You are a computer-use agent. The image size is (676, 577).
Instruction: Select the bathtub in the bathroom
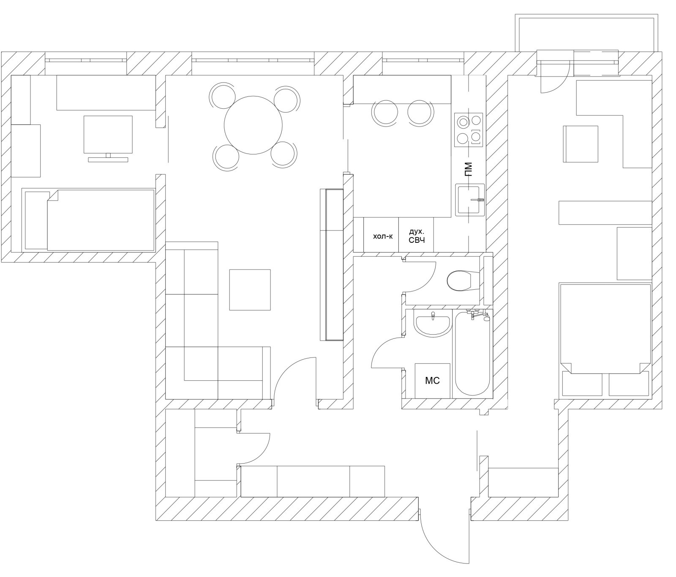(472, 354)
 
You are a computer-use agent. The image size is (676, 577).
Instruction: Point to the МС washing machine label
(432, 381)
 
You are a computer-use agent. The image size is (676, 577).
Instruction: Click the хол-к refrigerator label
(383, 236)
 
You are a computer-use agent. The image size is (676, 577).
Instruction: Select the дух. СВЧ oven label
(416, 236)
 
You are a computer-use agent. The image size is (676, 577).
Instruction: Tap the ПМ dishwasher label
(468, 169)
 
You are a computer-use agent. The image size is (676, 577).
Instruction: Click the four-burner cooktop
(469, 130)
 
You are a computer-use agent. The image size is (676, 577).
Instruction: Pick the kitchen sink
(470, 200)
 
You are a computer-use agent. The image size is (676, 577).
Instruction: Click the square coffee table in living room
(250, 290)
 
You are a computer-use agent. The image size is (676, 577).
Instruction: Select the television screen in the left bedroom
(108, 134)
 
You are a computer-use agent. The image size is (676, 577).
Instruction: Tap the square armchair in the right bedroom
(581, 144)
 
